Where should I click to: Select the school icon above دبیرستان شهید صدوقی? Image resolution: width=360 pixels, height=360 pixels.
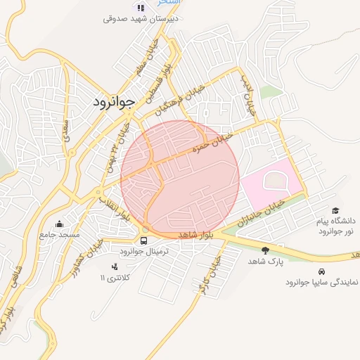[x=141, y=7]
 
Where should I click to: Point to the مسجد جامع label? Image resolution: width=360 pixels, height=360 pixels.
[x=60, y=233]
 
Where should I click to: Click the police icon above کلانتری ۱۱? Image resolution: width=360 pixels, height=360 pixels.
[x=115, y=266]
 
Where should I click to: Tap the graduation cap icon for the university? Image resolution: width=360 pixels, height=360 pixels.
[x=335, y=210]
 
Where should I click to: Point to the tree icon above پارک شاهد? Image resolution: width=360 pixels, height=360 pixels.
[x=265, y=250]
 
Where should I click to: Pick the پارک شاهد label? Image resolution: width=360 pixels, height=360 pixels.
[x=264, y=261]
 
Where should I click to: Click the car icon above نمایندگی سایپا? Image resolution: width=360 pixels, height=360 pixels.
[x=321, y=271]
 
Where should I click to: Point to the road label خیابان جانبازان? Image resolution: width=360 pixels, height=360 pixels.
[x=261, y=212]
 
